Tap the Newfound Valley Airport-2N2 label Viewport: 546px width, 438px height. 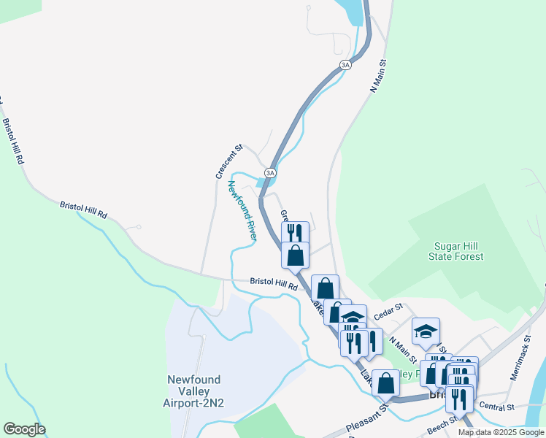[193, 391]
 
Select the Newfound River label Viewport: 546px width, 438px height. [243, 210]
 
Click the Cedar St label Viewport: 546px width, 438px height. [388, 312]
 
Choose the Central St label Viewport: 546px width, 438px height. [499, 406]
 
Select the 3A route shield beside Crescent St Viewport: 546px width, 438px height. [270, 173]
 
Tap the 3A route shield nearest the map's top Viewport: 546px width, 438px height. [346, 65]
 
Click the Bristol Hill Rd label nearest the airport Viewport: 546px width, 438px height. [274, 283]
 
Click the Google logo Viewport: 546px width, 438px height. [24, 429]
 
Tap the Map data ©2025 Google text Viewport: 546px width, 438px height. [501, 432]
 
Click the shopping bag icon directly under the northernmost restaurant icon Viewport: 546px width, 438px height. [295, 255]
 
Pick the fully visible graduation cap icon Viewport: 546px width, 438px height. [426, 331]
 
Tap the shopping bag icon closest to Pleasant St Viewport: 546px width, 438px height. [385, 381]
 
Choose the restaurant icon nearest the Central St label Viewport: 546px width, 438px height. [459, 399]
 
